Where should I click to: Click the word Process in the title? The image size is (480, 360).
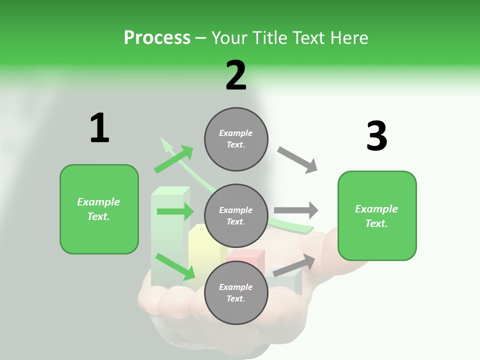coord(157,37)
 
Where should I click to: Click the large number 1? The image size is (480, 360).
coord(99,128)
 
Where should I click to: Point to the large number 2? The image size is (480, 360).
coord(236,75)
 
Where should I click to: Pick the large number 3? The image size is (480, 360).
coord(377,136)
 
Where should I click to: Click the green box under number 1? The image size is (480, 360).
coord(99,209)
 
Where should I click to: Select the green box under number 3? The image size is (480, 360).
coord(377,216)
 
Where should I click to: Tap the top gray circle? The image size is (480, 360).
coord(236,139)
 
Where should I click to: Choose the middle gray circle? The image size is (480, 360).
coord(236,216)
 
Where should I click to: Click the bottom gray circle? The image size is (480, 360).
coord(236,293)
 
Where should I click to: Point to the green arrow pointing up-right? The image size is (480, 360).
coord(173,159)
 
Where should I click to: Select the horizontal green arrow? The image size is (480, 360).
coord(174,211)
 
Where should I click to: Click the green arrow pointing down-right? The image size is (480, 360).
coord(175,266)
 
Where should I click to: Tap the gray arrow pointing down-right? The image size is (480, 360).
coord(297,160)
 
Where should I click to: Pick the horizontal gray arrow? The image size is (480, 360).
coord(296,210)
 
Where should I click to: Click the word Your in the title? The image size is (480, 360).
coord(229,37)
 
